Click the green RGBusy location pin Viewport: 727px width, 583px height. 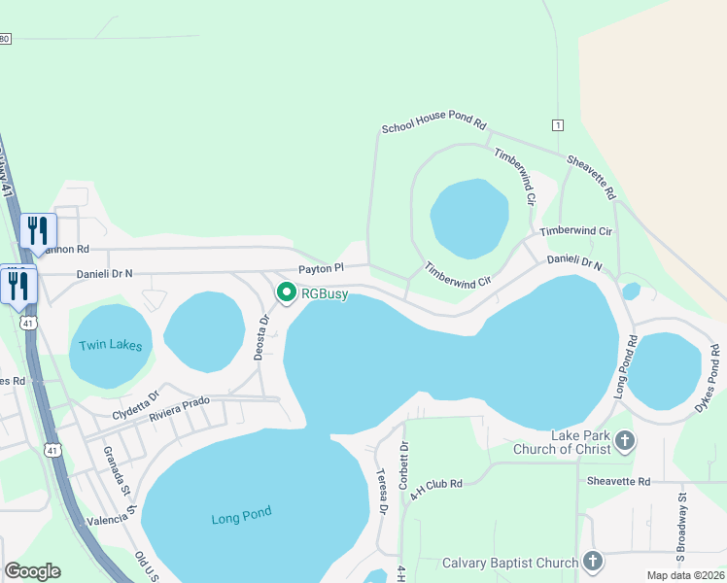(287, 291)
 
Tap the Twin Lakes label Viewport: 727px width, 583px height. (110, 345)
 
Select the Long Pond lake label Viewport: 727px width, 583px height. (242, 517)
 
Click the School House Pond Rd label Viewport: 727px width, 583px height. (433, 121)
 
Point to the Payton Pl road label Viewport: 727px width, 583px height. (321, 268)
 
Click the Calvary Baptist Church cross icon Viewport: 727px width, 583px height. (593, 562)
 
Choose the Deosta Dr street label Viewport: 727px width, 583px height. (260, 337)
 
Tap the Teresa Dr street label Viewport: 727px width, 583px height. (382, 491)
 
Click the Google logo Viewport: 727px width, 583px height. (32, 571)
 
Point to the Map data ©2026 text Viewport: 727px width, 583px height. (685, 575)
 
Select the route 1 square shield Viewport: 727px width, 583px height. (557, 125)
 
